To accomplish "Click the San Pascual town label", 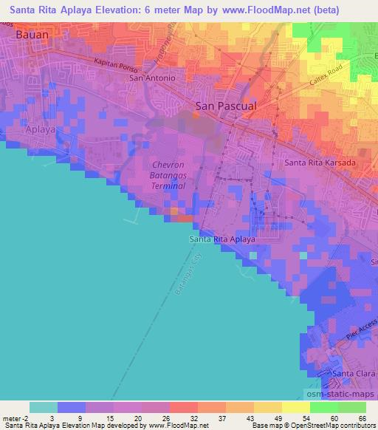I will [x=226, y=106].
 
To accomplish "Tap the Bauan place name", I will [x=32, y=34].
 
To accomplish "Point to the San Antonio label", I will [x=152, y=78].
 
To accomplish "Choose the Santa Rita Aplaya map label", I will [x=222, y=240].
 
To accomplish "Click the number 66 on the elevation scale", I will [x=362, y=418].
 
